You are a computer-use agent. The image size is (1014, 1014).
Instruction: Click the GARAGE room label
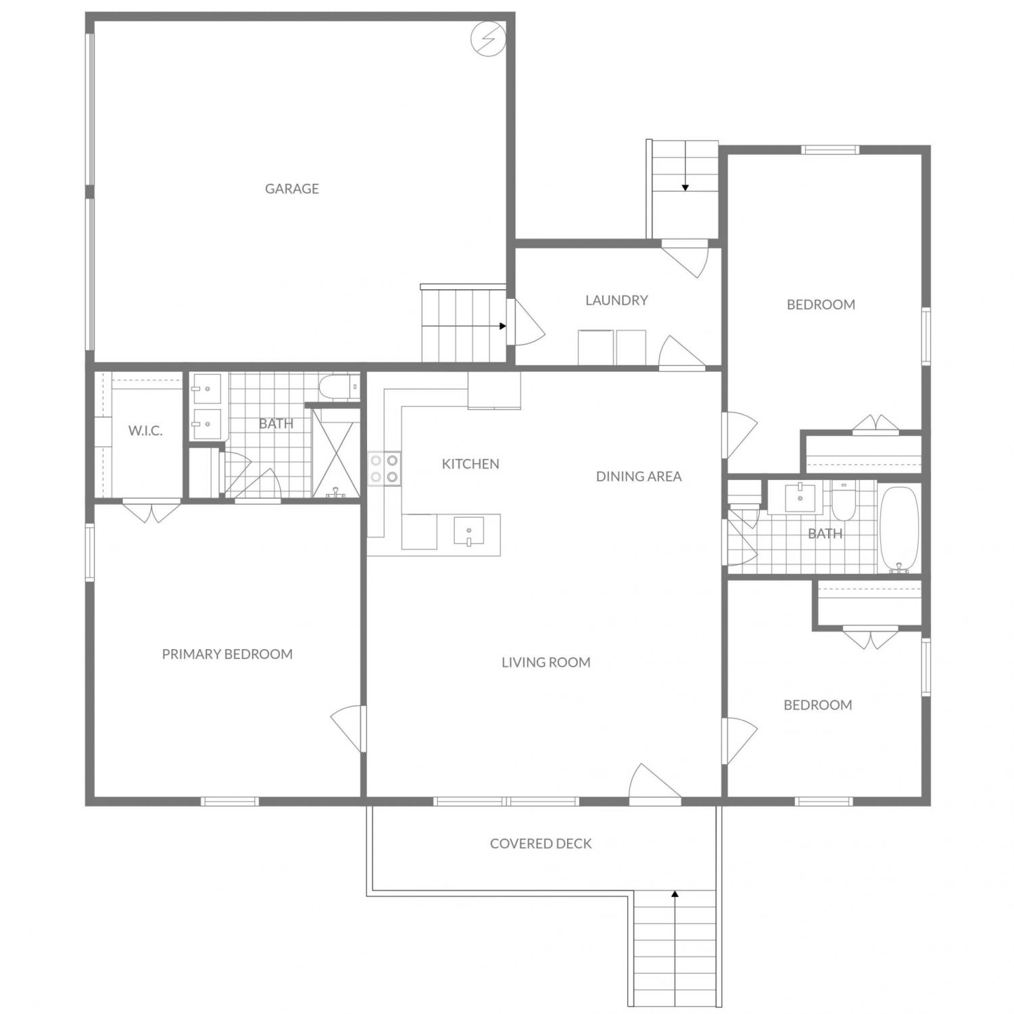click(x=291, y=189)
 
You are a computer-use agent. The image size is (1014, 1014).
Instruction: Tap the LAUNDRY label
click(x=617, y=300)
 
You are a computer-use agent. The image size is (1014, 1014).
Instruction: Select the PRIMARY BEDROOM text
click(x=227, y=654)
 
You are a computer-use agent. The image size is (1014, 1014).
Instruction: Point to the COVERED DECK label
click(x=541, y=844)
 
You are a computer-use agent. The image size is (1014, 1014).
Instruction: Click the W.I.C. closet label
click(x=145, y=431)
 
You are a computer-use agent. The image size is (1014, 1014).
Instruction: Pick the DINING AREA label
click(x=639, y=477)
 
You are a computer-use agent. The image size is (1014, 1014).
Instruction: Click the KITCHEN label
click(x=470, y=464)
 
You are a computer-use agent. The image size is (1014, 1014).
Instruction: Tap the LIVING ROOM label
click(x=546, y=662)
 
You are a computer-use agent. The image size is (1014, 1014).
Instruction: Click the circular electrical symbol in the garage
click(x=487, y=38)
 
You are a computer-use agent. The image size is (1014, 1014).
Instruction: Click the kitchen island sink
click(x=468, y=531)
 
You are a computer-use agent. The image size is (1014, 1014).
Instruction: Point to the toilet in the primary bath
click(x=338, y=387)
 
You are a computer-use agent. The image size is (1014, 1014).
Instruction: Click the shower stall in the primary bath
click(x=336, y=453)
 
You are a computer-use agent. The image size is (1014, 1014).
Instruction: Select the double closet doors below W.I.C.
click(x=152, y=511)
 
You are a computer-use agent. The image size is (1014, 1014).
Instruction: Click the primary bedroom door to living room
click(x=348, y=729)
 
